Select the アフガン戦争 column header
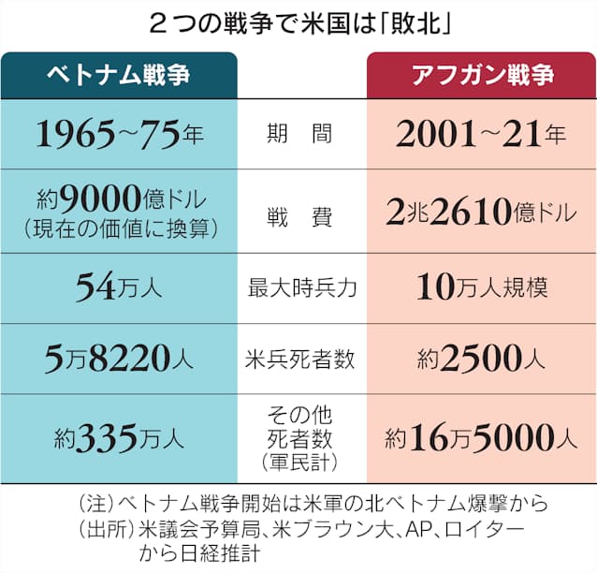point(481,76)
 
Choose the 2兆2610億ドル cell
point(481,212)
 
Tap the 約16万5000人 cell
point(481,435)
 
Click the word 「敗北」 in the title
point(416,22)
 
